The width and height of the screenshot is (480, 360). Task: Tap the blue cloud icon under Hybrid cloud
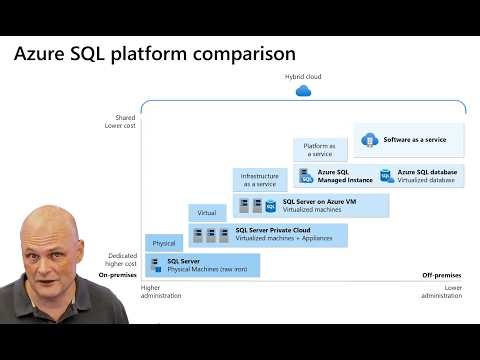pos(304,91)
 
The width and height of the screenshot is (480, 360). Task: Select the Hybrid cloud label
pos(304,76)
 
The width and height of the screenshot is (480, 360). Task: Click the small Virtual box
pos(208,212)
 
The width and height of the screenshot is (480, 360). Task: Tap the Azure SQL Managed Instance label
pos(345,176)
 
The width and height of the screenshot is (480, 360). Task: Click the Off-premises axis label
pos(440,274)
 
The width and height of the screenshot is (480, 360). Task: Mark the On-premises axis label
pos(117,274)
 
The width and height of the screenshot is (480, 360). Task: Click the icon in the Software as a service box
pos(368,140)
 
